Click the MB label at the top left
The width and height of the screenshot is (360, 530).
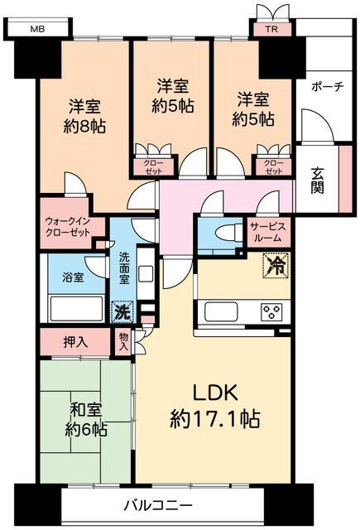[x=36, y=28]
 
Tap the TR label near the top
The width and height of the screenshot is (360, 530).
[x=271, y=30]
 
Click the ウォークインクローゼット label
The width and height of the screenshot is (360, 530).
[x=70, y=226]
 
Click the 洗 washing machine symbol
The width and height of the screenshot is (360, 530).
[x=121, y=313]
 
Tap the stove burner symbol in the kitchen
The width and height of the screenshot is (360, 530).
[x=271, y=312]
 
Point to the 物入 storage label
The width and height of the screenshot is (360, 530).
[x=123, y=340]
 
